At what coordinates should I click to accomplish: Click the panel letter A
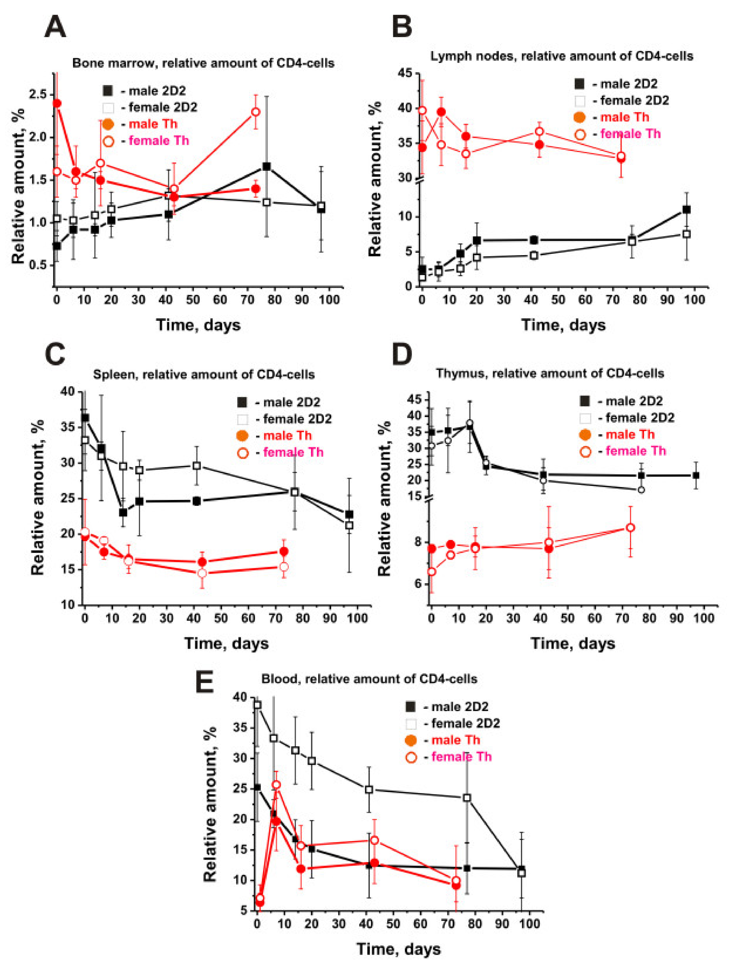pyautogui.click(x=56, y=27)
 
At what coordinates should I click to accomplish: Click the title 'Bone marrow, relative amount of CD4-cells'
pyautogui.click(x=203, y=63)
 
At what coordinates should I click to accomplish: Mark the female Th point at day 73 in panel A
pyautogui.click(x=256, y=112)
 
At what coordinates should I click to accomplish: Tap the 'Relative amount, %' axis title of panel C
pyautogui.click(x=38, y=497)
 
